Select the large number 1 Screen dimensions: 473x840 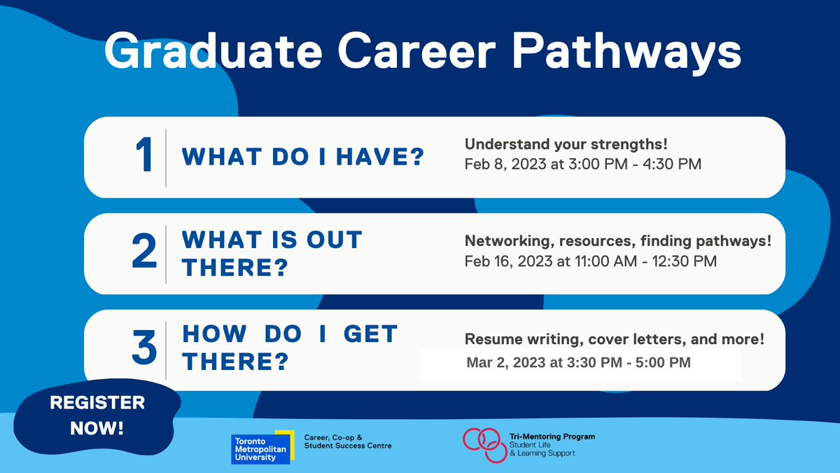click(x=145, y=156)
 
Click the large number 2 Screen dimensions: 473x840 click(x=145, y=253)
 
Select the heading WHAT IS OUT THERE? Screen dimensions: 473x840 click(x=272, y=253)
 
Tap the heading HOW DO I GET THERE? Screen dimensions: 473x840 click(x=290, y=348)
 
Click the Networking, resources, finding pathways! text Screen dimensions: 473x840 click(x=618, y=242)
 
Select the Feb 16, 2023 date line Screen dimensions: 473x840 click(x=591, y=261)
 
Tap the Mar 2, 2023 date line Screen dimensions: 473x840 click(x=578, y=363)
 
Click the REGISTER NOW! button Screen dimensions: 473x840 click(x=97, y=415)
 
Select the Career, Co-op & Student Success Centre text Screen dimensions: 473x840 click(x=348, y=441)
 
